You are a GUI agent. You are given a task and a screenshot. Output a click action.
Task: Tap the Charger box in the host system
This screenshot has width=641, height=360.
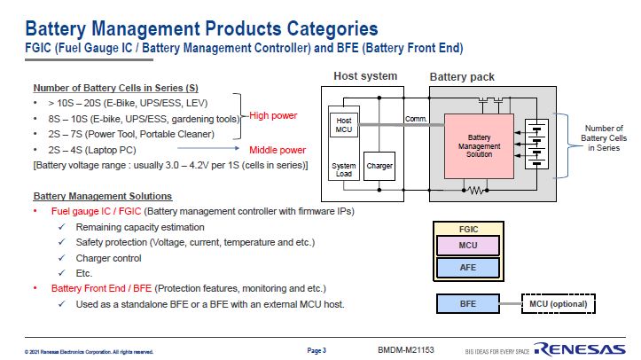pos(379,166)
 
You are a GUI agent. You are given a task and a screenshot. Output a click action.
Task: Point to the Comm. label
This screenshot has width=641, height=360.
pos(416,118)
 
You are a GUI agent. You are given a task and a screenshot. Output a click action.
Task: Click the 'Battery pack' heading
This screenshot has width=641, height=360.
pos(462,77)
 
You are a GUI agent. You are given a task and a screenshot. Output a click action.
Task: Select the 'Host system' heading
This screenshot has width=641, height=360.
pos(365,76)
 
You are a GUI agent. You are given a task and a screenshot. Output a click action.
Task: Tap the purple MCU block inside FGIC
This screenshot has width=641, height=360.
pos(468,246)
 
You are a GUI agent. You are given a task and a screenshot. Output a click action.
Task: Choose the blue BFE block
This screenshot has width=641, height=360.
pos(468,304)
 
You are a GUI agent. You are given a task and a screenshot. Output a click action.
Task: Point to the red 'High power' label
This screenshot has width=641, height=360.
pos(272,116)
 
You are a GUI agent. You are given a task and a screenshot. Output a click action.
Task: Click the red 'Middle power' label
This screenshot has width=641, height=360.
pos(278,150)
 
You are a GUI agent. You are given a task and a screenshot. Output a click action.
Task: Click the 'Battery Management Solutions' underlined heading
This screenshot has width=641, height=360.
pos(102,196)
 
